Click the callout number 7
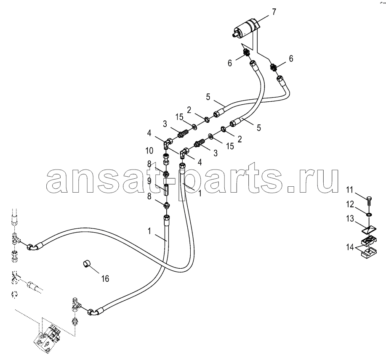click(274, 11)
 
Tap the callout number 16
click(105, 278)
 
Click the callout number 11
click(349, 190)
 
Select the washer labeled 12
click(369, 214)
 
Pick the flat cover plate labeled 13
click(369, 230)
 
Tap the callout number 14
click(350, 247)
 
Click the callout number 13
click(350, 219)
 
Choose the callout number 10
click(149, 151)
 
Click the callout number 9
click(149, 181)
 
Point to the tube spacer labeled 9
click(166, 190)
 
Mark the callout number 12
click(350, 204)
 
